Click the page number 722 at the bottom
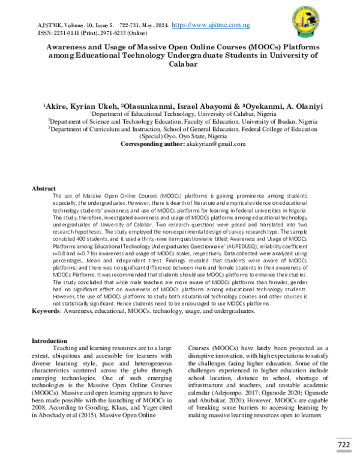(343, 445)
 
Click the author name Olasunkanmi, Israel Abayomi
(172, 105)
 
